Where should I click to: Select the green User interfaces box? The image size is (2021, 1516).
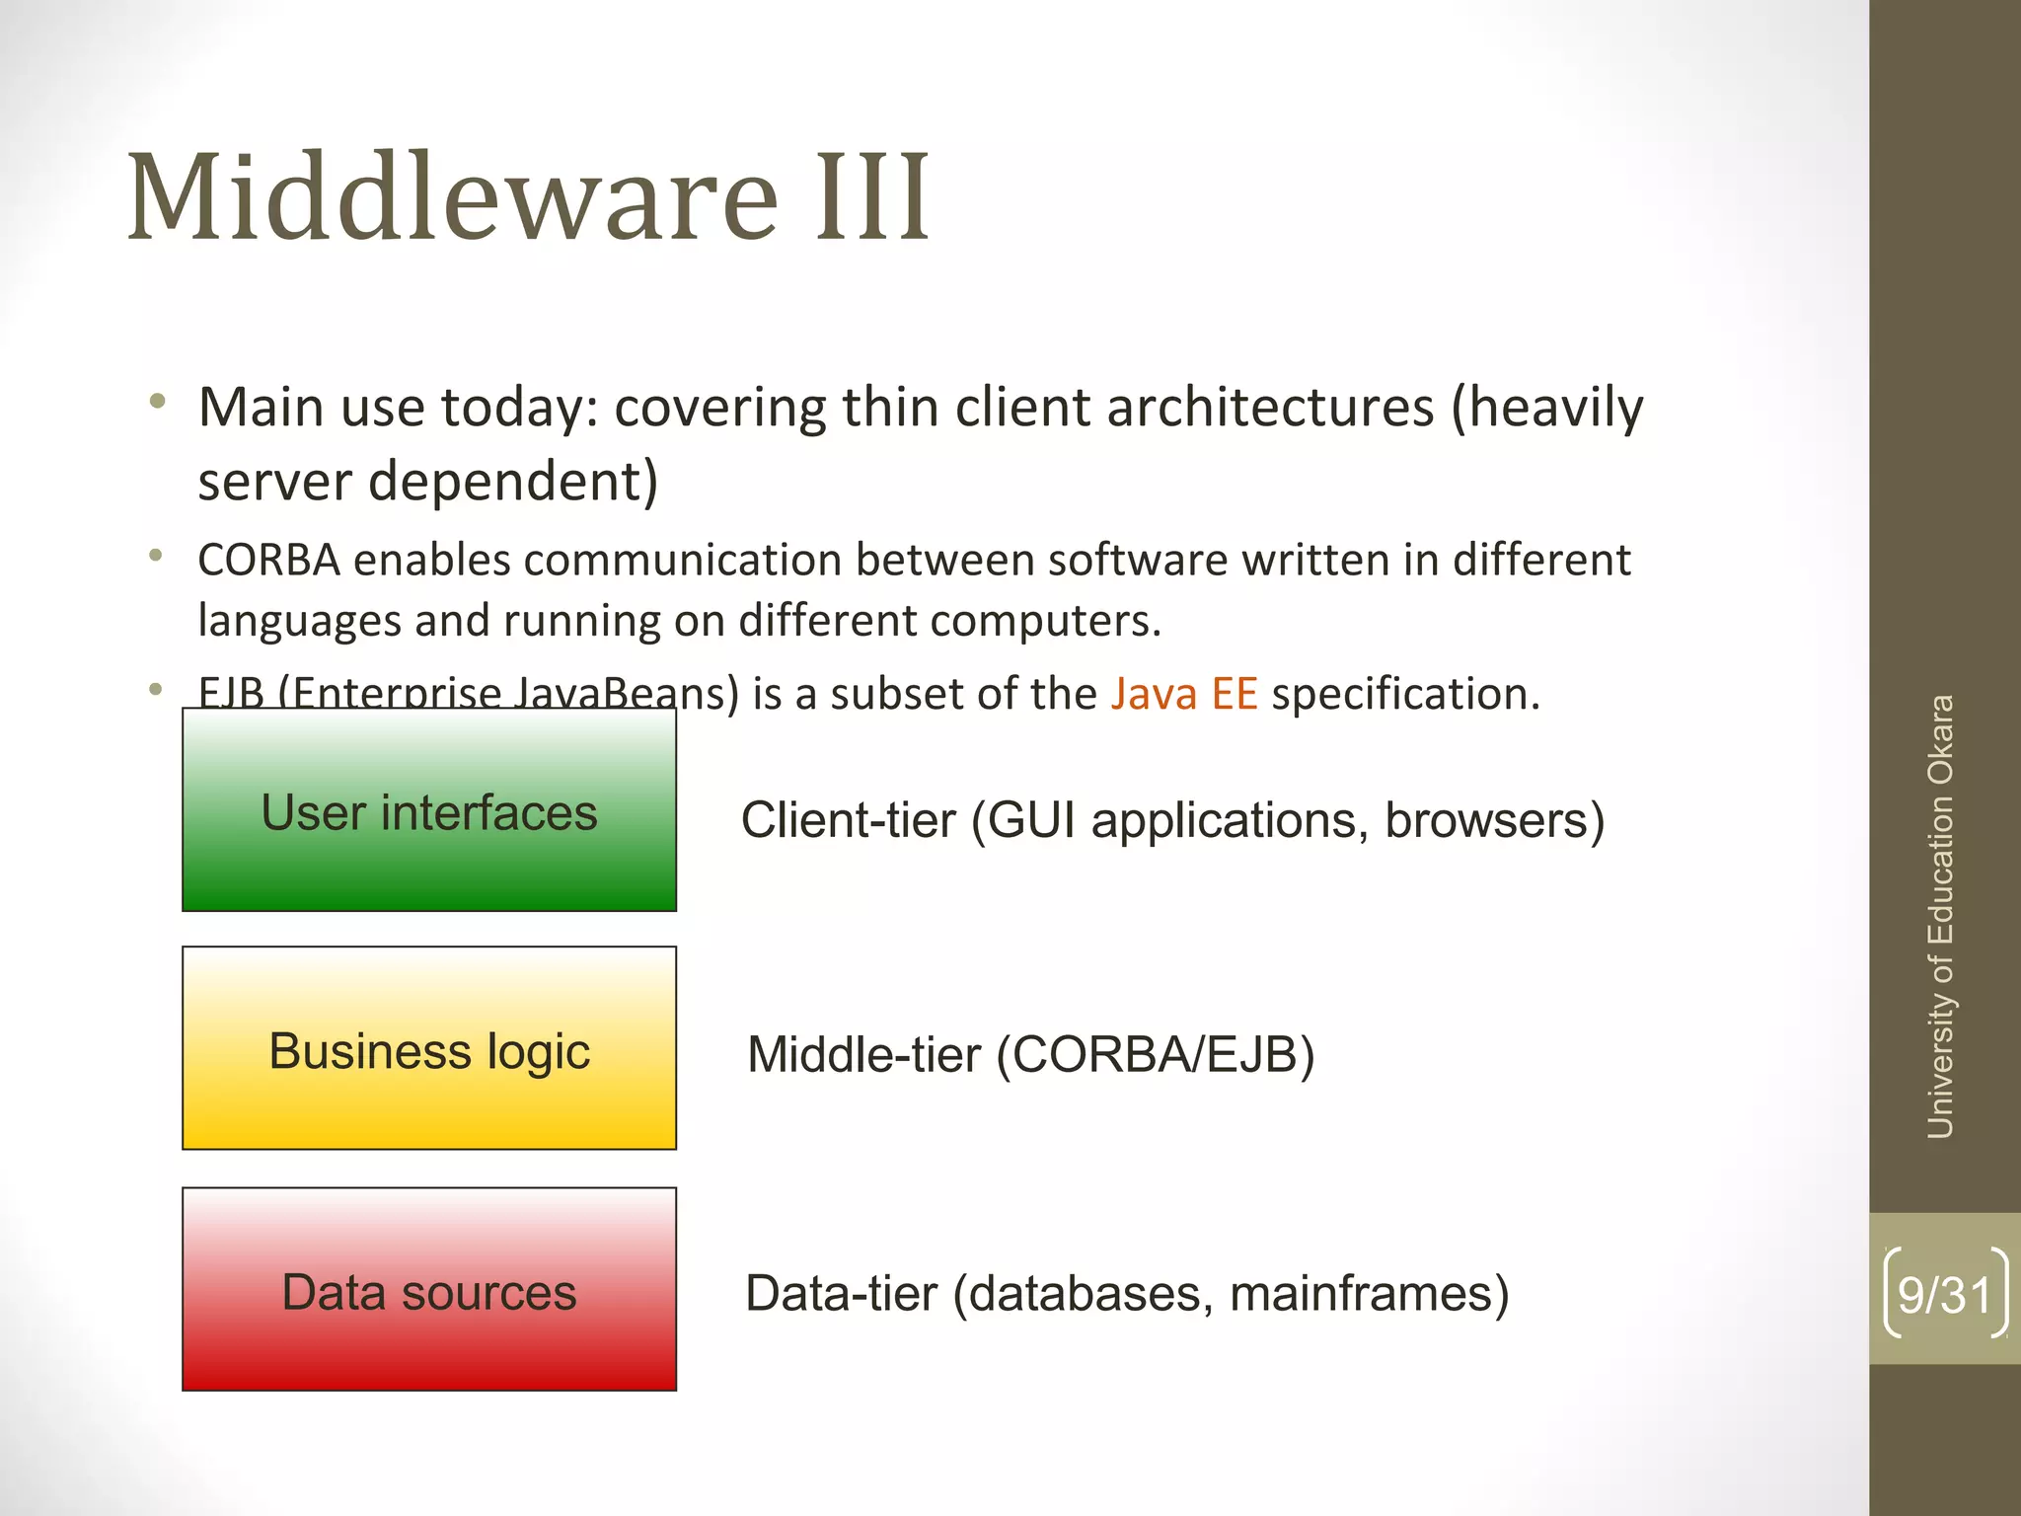[x=429, y=810]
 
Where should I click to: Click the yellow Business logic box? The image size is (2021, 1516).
[x=429, y=1048]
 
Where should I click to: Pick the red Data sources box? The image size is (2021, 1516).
[x=429, y=1289]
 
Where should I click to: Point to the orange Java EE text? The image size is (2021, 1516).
[x=1183, y=694]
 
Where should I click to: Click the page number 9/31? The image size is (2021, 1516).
[x=1944, y=1294]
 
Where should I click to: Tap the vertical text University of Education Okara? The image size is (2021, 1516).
[x=1940, y=917]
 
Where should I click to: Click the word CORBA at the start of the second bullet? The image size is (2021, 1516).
[x=269, y=561]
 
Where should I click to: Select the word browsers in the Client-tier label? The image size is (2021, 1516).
[x=1494, y=820]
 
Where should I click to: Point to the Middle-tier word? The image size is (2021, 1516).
[x=864, y=1055]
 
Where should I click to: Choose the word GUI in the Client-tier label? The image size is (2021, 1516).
[x=1030, y=820]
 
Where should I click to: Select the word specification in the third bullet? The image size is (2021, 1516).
[x=1405, y=694]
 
